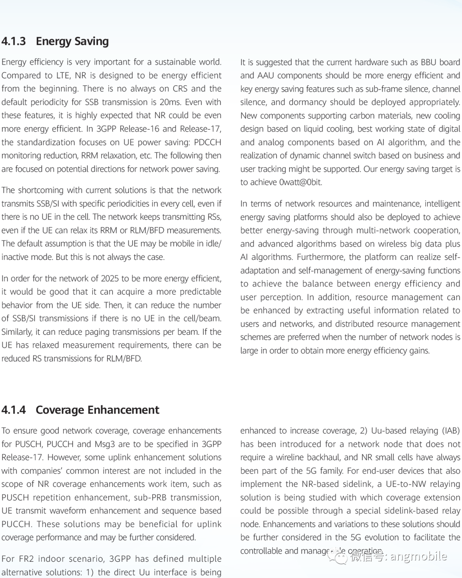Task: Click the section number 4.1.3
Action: point(14,41)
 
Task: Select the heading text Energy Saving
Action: point(72,41)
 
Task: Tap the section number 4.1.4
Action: point(14,410)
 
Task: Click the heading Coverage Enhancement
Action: point(98,410)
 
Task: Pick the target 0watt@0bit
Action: point(300,182)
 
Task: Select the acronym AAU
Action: point(266,75)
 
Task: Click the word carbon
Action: point(360,116)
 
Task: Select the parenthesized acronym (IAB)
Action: point(451,431)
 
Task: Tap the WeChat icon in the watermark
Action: point(341,557)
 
